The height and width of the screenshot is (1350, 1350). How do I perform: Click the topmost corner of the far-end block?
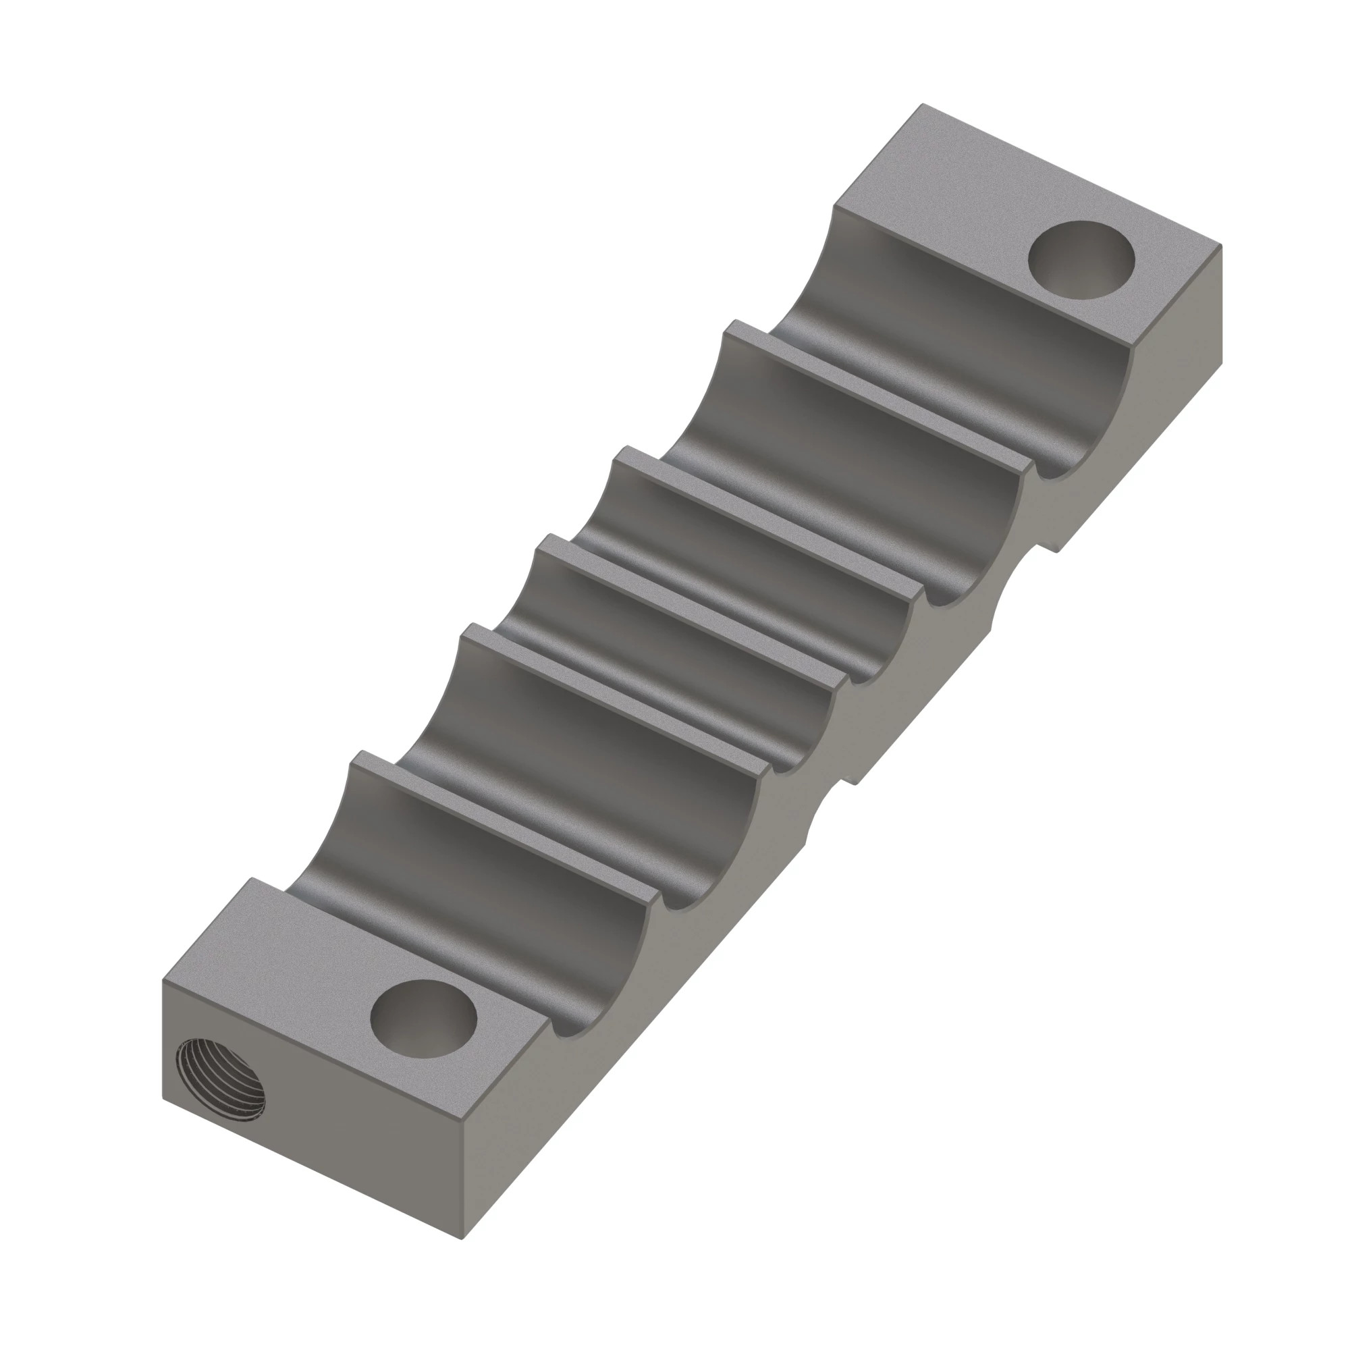[x=924, y=104]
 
